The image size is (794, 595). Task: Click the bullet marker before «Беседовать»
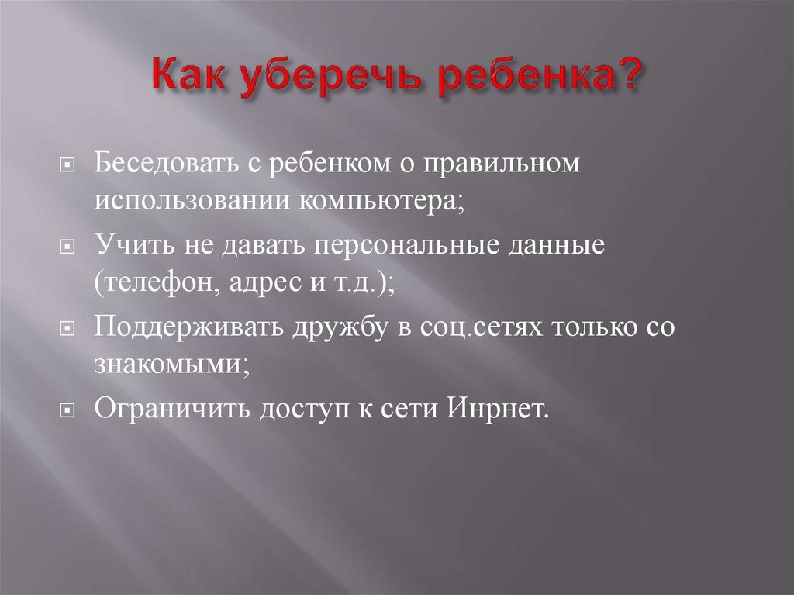[68, 166]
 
